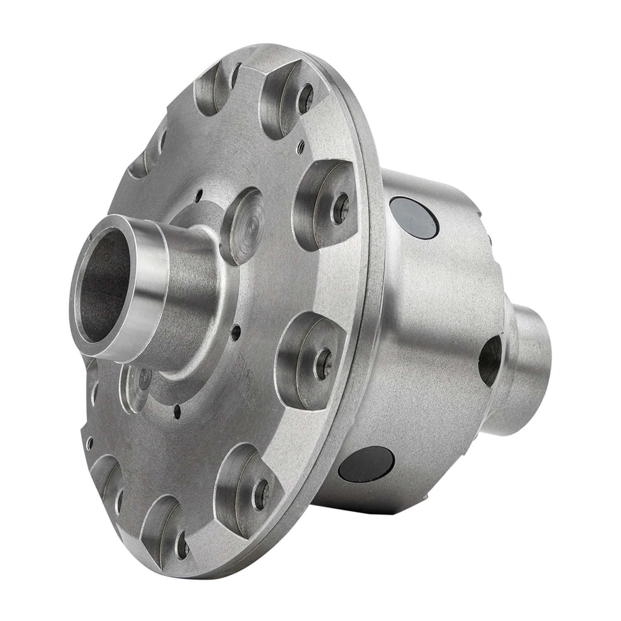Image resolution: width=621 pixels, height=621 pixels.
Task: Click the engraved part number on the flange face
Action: tap(247, 364)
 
